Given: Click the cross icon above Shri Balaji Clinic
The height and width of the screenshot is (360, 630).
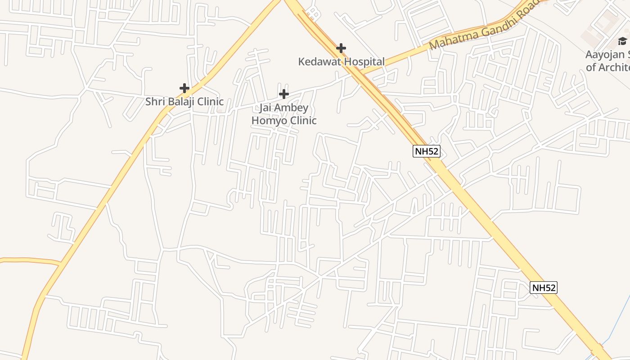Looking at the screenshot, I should pos(184,88).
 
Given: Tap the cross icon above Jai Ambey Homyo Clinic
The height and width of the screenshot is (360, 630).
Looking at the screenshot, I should pos(283,94).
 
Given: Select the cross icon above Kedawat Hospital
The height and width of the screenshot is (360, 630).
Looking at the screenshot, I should pos(341,48).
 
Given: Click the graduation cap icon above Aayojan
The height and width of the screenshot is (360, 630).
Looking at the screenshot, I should pos(622,41).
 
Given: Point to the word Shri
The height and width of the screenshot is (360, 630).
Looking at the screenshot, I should pos(154,102).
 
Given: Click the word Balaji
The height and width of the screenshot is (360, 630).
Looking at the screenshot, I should pos(180,102).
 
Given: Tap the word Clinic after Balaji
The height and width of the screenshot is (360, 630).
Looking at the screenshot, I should pos(210,102).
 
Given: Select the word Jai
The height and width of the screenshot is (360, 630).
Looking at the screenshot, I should pos(266,108).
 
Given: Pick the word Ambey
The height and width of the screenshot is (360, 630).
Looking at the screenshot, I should pos(292,108).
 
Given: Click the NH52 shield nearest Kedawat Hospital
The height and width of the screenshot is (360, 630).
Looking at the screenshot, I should pos(426,151).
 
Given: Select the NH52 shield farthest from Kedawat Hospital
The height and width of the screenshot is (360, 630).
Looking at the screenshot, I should pos(544,288).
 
